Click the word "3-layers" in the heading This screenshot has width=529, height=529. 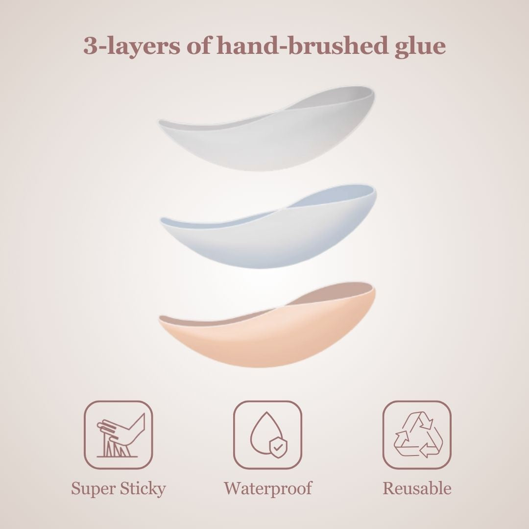tap(132, 46)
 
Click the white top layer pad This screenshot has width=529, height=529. tap(266, 135)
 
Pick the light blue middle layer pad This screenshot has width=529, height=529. tap(268, 233)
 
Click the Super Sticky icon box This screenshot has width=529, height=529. tap(119, 435)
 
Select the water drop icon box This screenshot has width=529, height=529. tap(267, 435)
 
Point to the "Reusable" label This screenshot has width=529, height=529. tap(417, 488)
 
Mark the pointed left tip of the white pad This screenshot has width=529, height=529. tap(159, 122)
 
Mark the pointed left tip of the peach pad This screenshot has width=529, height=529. tap(159, 319)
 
